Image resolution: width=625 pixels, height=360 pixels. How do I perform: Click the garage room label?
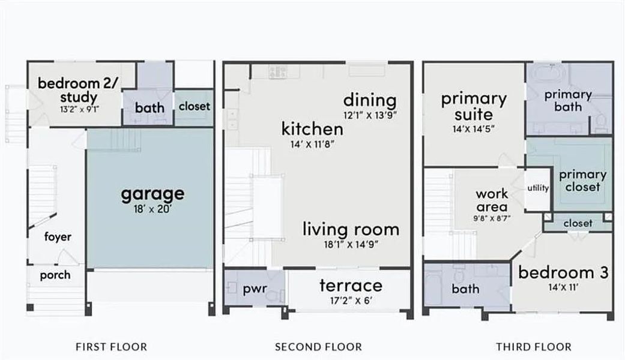pyautogui.click(x=152, y=194)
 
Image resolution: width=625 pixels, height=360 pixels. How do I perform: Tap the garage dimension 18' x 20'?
pyautogui.click(x=152, y=209)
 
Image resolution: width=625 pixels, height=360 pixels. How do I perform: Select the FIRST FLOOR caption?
pyautogui.click(x=111, y=347)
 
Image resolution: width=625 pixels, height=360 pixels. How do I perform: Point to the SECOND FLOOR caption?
pyautogui.click(x=318, y=347)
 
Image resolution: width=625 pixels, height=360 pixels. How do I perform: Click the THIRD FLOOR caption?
pyautogui.click(x=534, y=347)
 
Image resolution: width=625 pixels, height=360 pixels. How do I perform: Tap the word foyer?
pyautogui.click(x=58, y=237)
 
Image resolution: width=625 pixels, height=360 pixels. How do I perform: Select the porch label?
pyautogui.click(x=55, y=275)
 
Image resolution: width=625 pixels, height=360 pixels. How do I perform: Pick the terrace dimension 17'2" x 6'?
pyautogui.click(x=351, y=300)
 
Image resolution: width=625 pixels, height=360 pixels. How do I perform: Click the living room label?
pyautogui.click(x=351, y=229)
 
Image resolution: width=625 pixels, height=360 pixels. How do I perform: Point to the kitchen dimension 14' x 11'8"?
pyautogui.click(x=312, y=144)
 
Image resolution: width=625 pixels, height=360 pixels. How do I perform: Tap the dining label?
pyautogui.click(x=370, y=100)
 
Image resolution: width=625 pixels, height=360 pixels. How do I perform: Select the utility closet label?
pyautogui.click(x=538, y=188)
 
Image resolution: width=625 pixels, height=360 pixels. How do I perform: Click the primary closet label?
pyautogui.click(x=582, y=181)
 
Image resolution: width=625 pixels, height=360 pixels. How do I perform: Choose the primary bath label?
pyautogui.click(x=568, y=101)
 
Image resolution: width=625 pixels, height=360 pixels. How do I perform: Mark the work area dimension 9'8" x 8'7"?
pyautogui.click(x=492, y=219)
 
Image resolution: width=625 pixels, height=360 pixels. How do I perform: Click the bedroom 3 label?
pyautogui.click(x=563, y=272)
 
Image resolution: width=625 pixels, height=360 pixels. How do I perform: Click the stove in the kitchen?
pyautogui.click(x=277, y=72)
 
